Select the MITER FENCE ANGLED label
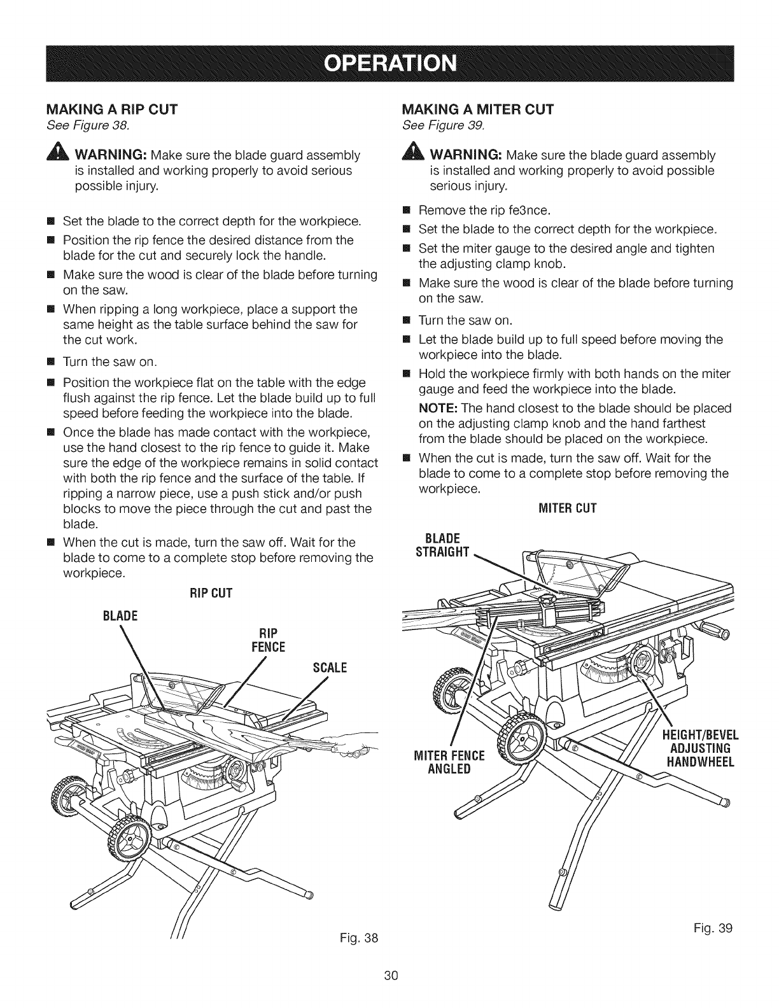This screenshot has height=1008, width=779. click(x=454, y=762)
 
